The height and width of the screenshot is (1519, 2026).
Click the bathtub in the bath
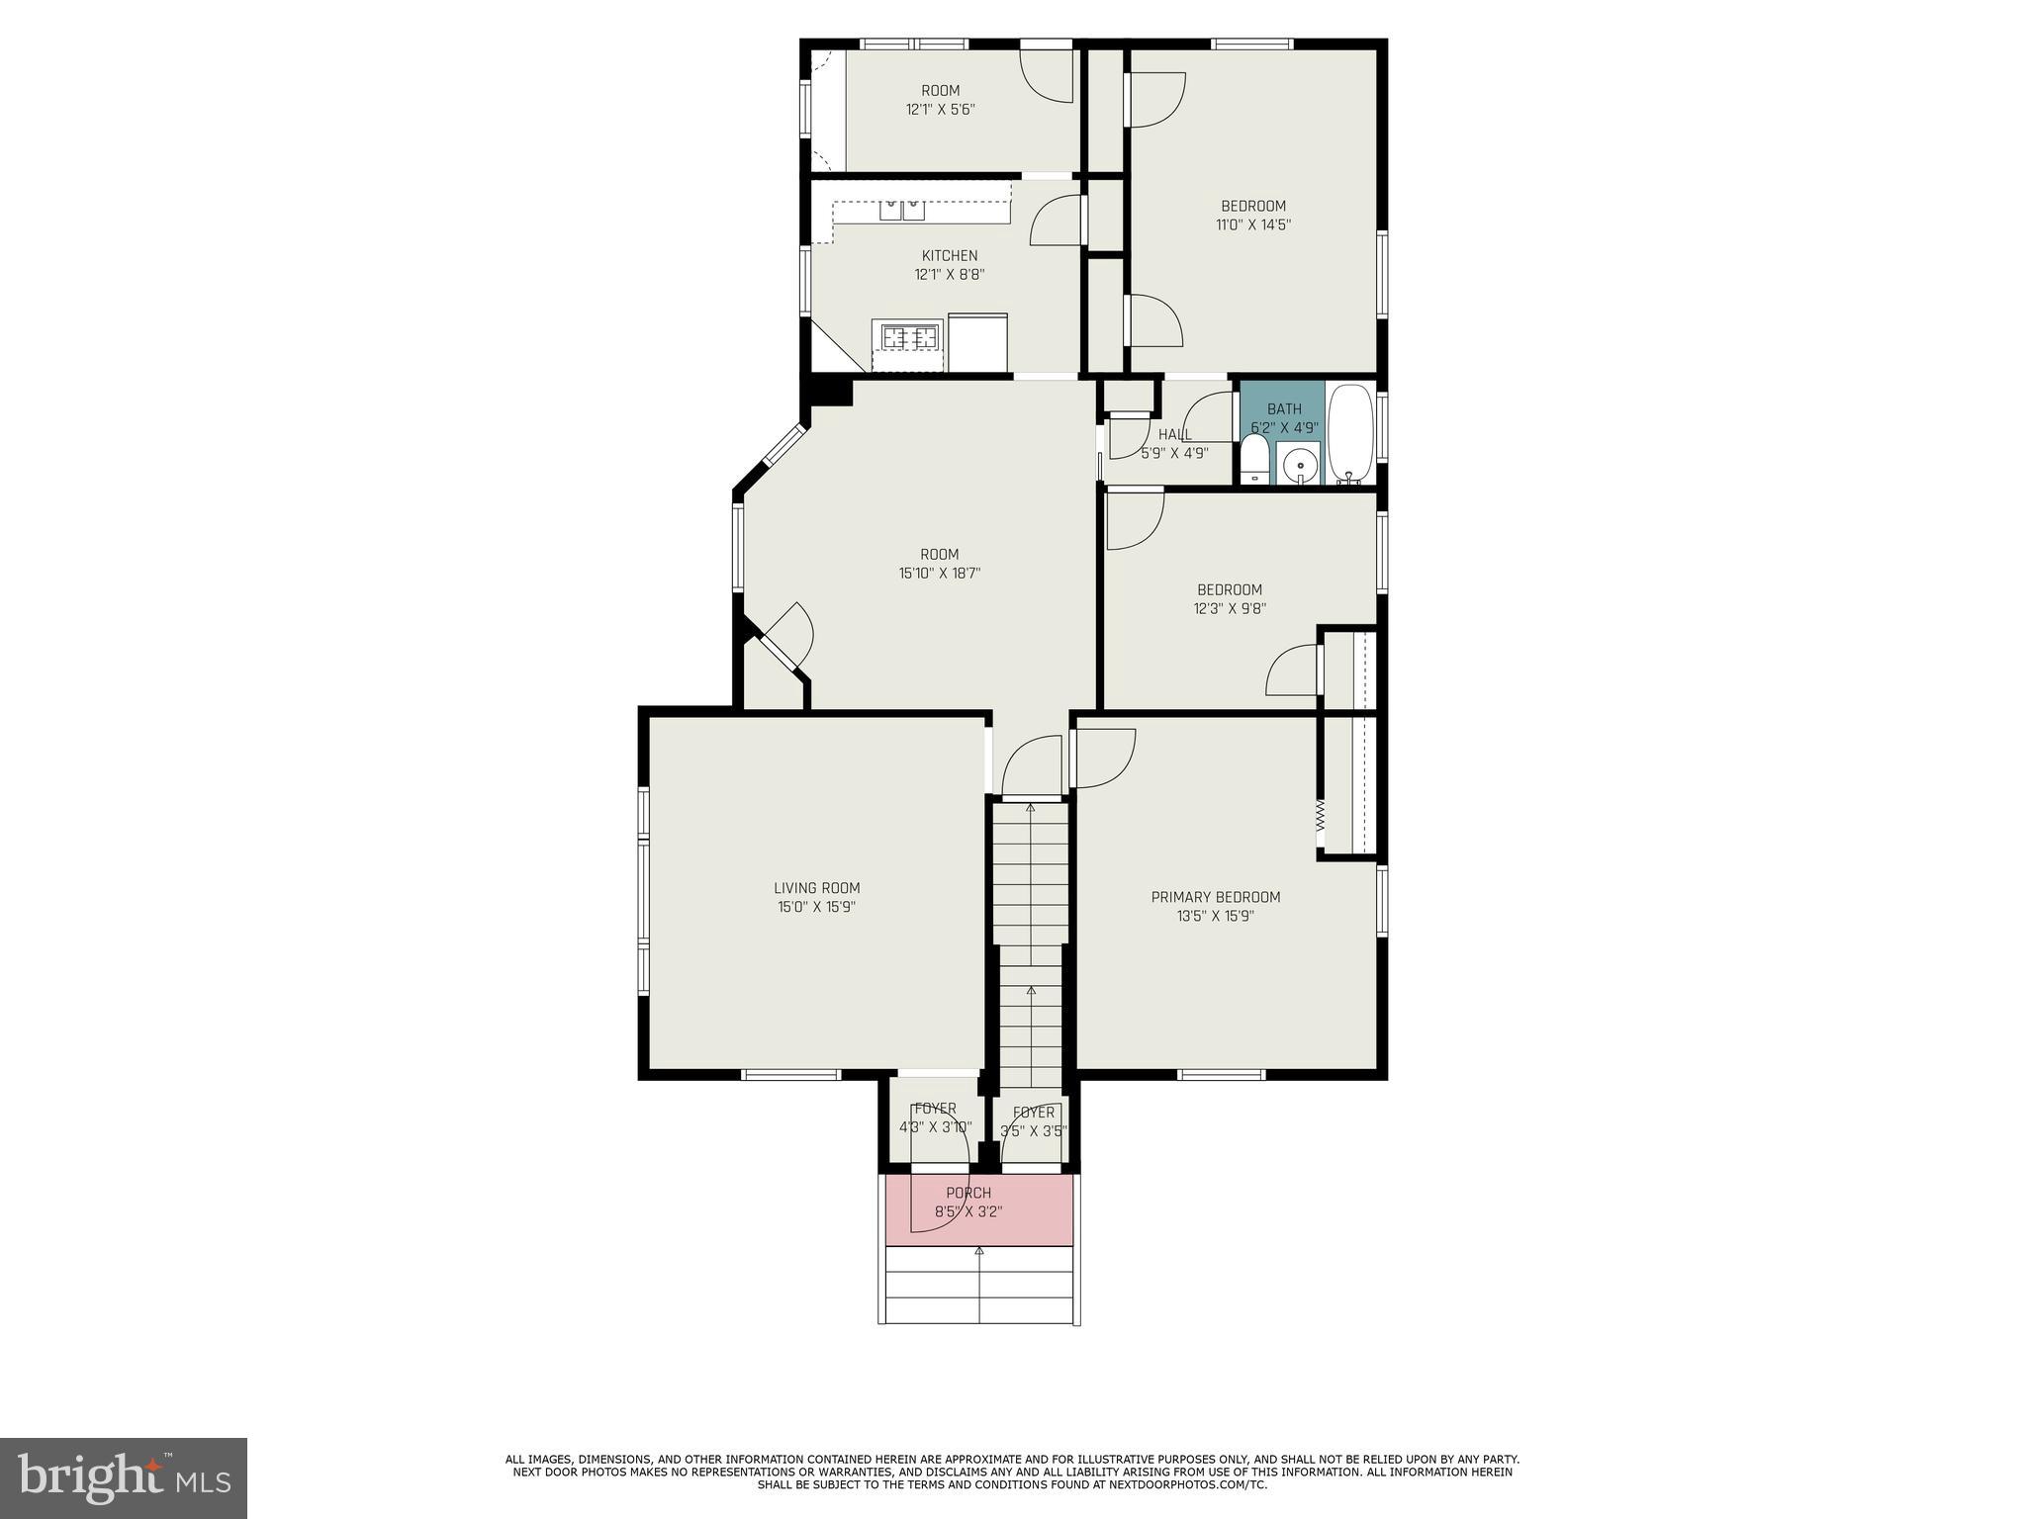[x=1350, y=433]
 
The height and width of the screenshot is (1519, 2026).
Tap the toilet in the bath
[x=1254, y=462]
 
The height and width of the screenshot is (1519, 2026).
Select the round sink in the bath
[x=1299, y=465]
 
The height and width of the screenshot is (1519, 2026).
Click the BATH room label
[x=1284, y=408]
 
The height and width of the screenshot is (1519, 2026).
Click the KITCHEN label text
[x=950, y=256]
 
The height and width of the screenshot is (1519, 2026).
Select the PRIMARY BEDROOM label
[x=1215, y=897]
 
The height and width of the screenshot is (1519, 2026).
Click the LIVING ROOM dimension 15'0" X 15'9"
[x=816, y=907]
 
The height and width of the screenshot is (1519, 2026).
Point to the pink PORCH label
[x=967, y=1193]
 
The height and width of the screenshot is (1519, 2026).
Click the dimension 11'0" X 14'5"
[x=1253, y=224]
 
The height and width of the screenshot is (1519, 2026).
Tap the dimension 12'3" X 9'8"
[x=1230, y=609]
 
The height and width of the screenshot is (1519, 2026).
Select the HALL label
[x=1175, y=434]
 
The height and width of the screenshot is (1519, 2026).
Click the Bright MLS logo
[x=124, y=1477]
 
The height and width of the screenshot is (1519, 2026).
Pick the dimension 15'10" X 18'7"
[x=939, y=573]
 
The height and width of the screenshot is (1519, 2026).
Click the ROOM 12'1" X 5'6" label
[x=940, y=100]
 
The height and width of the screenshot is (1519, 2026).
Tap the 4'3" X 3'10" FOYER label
[x=935, y=1117]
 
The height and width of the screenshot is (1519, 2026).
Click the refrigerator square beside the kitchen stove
[x=977, y=342]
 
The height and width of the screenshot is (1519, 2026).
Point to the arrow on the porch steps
[x=979, y=1252]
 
